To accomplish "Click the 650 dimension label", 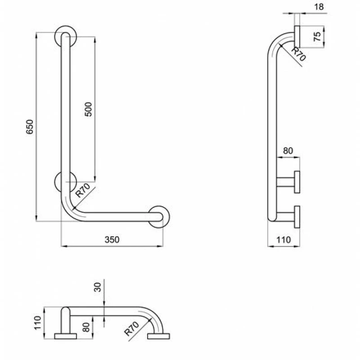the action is click(x=30, y=127).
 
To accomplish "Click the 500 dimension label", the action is click(x=88, y=109).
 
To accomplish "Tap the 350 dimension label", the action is click(x=112, y=239).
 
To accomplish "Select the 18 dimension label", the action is click(x=319, y=7).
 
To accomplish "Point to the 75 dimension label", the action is click(x=317, y=36).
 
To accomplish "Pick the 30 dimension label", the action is click(x=98, y=287).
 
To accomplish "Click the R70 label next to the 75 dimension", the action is click(x=298, y=54).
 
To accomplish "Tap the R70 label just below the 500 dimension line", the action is click(x=83, y=190).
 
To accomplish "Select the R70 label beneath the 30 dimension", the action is click(x=131, y=328).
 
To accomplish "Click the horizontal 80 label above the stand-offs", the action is click(x=288, y=151).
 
